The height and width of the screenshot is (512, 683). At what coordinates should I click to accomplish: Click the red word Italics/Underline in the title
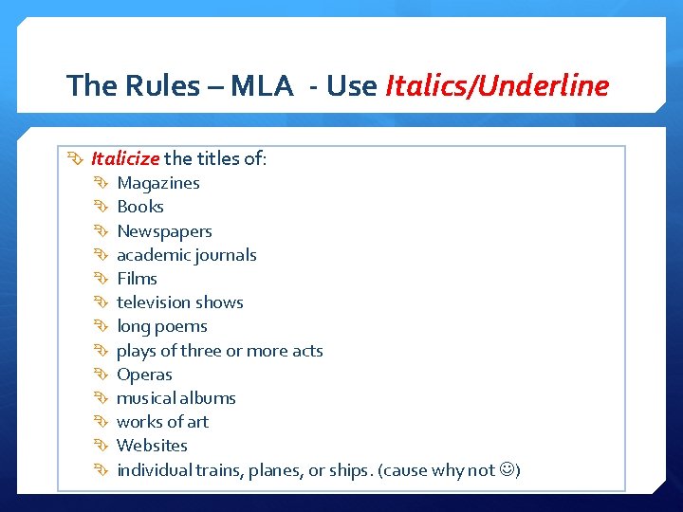click(498, 86)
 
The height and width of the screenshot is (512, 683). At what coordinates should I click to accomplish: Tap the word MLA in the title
click(262, 86)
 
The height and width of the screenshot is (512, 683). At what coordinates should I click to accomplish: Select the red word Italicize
click(125, 158)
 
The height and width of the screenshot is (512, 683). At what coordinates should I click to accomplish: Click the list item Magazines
click(157, 183)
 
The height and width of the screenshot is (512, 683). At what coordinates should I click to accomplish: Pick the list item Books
click(139, 207)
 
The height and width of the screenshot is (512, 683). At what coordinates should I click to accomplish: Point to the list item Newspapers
click(164, 231)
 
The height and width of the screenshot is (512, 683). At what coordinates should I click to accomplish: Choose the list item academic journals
click(186, 255)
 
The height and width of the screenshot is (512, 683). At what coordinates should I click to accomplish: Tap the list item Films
click(137, 279)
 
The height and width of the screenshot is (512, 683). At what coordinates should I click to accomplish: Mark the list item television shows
click(179, 302)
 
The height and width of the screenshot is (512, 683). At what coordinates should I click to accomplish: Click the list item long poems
click(161, 326)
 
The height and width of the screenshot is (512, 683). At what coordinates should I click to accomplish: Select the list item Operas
click(144, 375)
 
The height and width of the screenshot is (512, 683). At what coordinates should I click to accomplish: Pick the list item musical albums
click(175, 398)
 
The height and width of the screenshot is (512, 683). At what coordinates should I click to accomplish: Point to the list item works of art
click(162, 422)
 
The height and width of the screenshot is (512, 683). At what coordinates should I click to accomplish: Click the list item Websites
click(152, 446)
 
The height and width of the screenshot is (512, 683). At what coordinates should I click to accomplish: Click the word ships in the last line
click(344, 470)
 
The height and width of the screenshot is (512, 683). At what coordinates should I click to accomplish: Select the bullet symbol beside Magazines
click(100, 183)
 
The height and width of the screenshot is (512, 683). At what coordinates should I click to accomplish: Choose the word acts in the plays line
click(307, 351)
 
